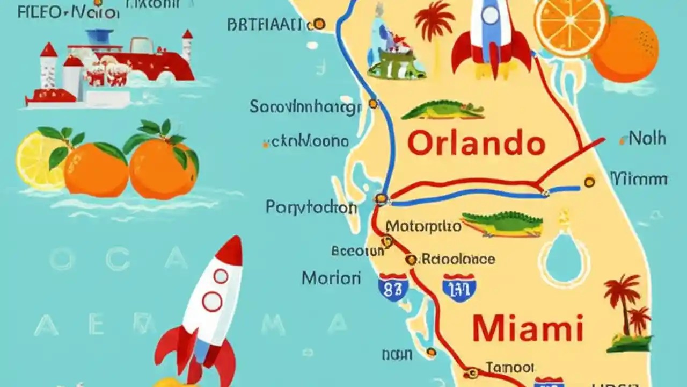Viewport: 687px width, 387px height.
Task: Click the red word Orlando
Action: (x=476, y=144)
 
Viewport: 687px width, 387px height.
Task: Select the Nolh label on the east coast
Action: (x=647, y=139)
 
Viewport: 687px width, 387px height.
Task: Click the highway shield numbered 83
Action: (x=393, y=287)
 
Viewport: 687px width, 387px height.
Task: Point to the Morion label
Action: (x=331, y=278)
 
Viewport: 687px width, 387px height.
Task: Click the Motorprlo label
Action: (x=423, y=226)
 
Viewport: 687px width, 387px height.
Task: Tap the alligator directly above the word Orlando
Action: (x=443, y=110)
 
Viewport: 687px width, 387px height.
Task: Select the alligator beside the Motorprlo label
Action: (x=503, y=224)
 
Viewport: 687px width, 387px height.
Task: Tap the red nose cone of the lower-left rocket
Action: (x=231, y=250)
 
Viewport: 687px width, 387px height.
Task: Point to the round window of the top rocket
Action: (x=490, y=15)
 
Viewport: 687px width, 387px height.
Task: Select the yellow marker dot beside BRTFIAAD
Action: (x=319, y=24)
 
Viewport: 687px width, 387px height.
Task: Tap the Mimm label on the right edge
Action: (x=639, y=179)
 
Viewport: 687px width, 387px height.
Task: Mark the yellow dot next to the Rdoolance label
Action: (x=411, y=260)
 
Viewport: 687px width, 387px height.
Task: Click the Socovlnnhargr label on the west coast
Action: (x=305, y=107)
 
